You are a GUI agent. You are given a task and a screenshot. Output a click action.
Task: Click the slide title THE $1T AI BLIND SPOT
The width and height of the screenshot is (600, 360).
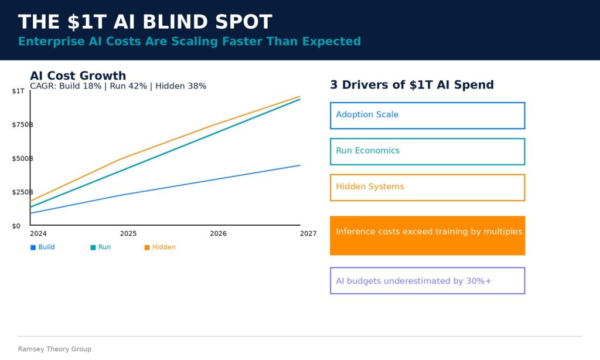tap(145, 22)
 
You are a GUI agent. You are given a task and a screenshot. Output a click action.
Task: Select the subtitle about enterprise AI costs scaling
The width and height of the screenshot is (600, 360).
tap(189, 41)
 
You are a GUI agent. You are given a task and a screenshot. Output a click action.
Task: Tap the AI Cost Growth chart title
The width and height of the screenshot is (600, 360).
tap(78, 76)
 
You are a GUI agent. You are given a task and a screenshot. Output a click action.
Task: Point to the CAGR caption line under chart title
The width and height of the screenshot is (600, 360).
tap(118, 86)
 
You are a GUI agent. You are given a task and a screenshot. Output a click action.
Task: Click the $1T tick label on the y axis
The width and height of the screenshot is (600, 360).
tap(18, 91)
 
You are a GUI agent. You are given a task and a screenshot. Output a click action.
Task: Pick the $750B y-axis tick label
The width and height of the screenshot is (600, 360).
tap(22, 125)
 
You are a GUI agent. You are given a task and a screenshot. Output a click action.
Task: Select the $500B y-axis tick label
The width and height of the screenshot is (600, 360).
tap(22, 158)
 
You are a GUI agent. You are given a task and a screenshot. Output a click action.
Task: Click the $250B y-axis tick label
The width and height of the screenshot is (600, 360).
tap(22, 192)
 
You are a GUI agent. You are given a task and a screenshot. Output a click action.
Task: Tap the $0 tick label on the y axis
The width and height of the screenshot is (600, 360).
tap(16, 226)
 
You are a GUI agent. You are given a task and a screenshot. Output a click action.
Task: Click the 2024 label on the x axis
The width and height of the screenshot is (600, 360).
tap(38, 233)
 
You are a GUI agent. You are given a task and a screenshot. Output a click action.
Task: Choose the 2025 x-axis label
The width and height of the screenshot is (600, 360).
tap(128, 233)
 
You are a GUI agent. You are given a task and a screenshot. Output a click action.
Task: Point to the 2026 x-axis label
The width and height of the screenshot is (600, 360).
tap(218, 233)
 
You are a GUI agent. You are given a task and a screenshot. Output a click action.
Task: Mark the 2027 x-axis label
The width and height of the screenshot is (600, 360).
tap(308, 233)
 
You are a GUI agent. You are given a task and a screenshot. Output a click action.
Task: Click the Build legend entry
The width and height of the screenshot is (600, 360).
tap(43, 247)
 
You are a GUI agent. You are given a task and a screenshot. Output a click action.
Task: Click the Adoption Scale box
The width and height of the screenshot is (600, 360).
tap(427, 116)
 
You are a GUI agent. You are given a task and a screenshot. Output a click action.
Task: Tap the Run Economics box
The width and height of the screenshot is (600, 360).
tap(427, 151)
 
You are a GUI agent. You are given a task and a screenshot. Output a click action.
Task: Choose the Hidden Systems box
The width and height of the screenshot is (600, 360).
tap(427, 187)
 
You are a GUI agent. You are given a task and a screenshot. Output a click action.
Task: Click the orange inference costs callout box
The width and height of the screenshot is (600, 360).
tap(427, 235)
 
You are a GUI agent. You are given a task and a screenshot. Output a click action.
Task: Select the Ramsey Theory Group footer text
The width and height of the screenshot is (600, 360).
tap(54, 349)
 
